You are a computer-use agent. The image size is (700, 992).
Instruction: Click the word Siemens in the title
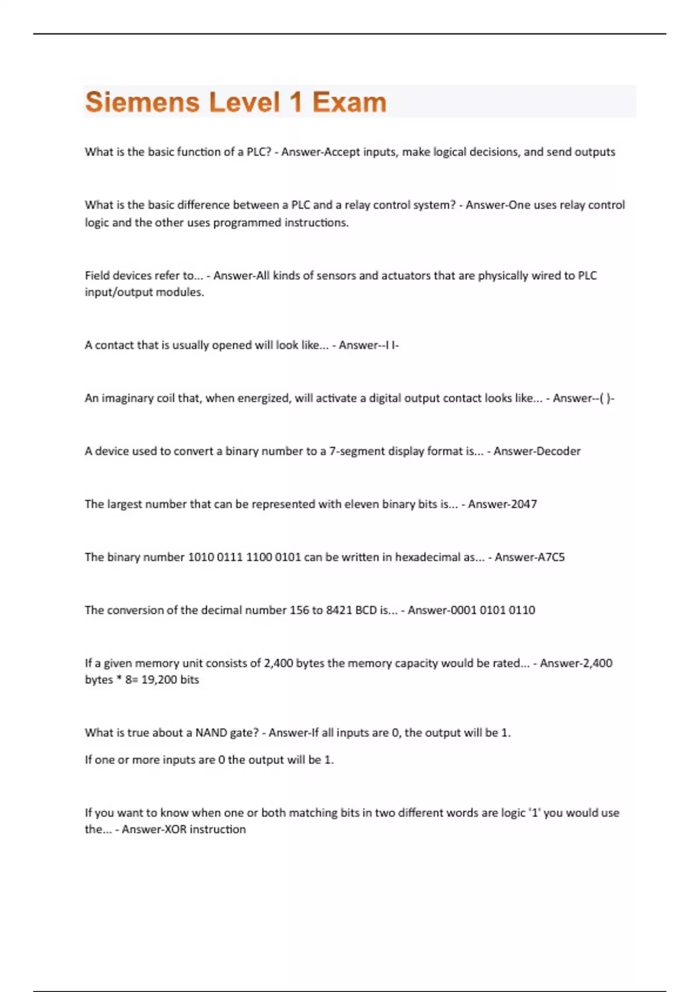click(142, 102)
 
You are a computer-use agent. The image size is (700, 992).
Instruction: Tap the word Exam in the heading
click(349, 102)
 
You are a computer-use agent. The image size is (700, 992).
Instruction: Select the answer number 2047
click(524, 504)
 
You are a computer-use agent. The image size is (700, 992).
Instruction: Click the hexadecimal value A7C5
click(551, 557)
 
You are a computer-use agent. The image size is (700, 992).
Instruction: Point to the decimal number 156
click(299, 610)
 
